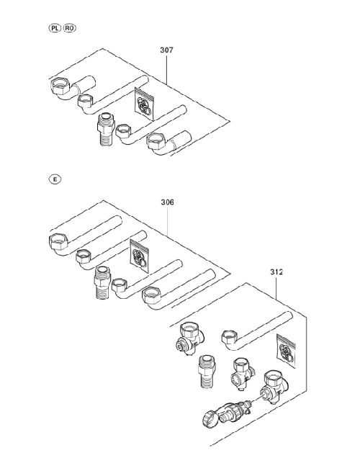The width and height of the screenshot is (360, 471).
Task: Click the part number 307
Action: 166,50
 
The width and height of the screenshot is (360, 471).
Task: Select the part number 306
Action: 167,202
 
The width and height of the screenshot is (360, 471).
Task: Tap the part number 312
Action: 276,272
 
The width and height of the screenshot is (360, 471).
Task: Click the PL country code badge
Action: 54,28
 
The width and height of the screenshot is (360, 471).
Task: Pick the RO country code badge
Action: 69,28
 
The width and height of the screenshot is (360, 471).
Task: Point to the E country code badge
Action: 55,179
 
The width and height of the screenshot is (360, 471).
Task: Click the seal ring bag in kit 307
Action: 144,104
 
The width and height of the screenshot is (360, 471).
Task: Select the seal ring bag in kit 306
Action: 139,256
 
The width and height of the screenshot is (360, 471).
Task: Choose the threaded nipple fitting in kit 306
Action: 102,282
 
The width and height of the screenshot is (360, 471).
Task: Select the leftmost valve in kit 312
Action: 190,338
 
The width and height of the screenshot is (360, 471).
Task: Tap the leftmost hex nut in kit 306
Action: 58,241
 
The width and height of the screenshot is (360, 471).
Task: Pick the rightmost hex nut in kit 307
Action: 158,140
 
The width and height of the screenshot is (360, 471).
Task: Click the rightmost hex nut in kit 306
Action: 152,295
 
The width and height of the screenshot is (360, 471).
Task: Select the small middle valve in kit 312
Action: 243,373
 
